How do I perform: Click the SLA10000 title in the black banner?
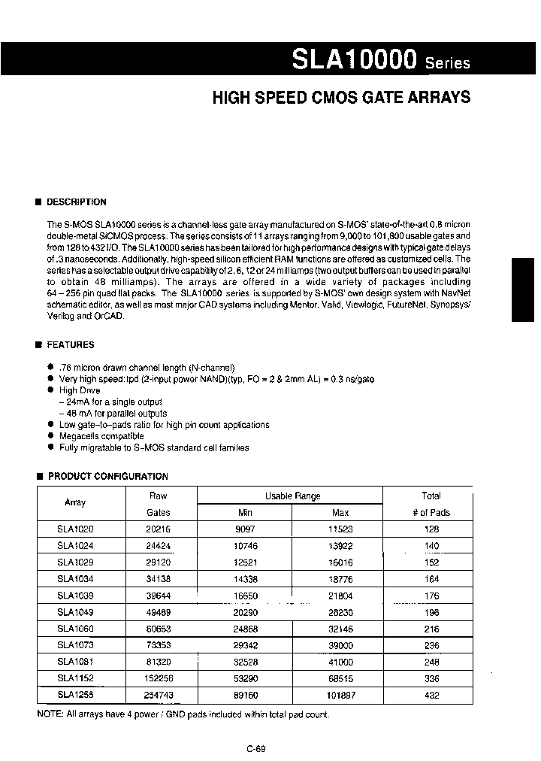tap(354, 59)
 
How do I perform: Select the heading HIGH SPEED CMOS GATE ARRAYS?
tap(341, 98)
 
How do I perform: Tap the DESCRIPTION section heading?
tap(76, 202)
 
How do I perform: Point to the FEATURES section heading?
tap(70, 345)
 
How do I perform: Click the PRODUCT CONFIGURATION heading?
tap(107, 477)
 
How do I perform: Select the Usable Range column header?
tap(292, 496)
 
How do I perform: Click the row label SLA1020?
tap(75, 529)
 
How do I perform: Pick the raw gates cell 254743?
tap(159, 696)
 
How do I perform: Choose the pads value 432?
tap(431, 696)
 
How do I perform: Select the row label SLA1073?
tap(75, 646)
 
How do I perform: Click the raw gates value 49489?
tap(159, 612)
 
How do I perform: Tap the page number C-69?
tap(255, 748)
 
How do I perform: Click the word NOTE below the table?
tap(50, 714)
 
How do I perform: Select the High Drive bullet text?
tap(80, 391)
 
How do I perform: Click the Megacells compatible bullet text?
tap(101, 436)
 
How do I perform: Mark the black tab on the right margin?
tap(523, 290)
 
